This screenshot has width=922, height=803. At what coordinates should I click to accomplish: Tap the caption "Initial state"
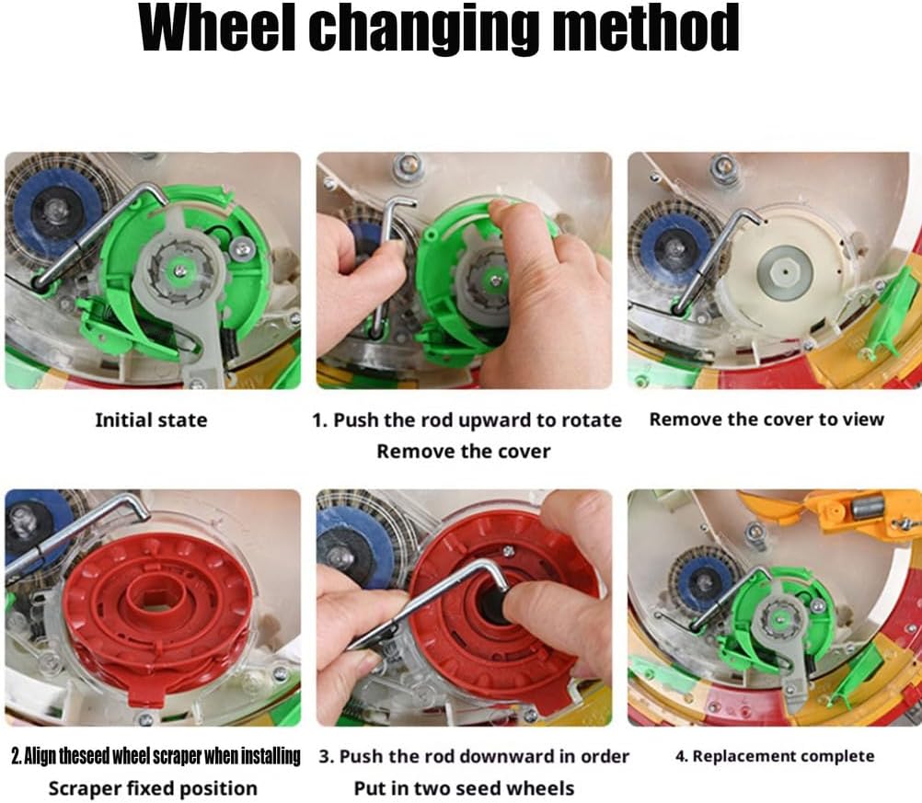(151, 420)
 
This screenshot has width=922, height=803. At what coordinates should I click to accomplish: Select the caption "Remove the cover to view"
(766, 419)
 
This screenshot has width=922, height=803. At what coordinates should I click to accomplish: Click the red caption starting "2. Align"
(155, 756)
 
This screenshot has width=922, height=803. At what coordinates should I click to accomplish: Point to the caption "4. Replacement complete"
(774, 756)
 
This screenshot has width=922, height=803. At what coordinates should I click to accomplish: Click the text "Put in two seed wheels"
(464, 788)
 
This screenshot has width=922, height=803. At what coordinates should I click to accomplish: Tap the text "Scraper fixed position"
(153, 788)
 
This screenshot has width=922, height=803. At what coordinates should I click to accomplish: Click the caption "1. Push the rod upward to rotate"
(467, 420)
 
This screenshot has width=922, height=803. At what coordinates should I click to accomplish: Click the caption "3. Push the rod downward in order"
(474, 756)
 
